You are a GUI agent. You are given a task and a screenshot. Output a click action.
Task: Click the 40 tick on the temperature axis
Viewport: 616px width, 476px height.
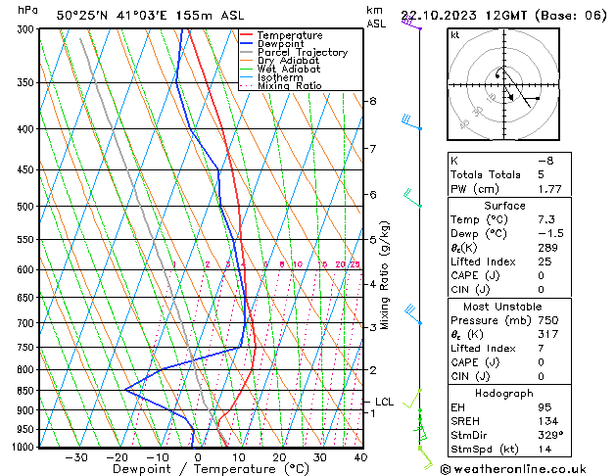tap(360, 457)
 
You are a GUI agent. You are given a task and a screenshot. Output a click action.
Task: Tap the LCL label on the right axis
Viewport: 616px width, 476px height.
tap(385, 402)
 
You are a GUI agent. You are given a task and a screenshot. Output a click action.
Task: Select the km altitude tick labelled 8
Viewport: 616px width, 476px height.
tap(372, 101)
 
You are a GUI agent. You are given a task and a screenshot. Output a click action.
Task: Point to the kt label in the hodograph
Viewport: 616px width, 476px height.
tap(454, 34)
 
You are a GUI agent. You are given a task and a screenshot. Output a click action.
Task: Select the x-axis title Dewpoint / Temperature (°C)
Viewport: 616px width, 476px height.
tap(191, 469)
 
